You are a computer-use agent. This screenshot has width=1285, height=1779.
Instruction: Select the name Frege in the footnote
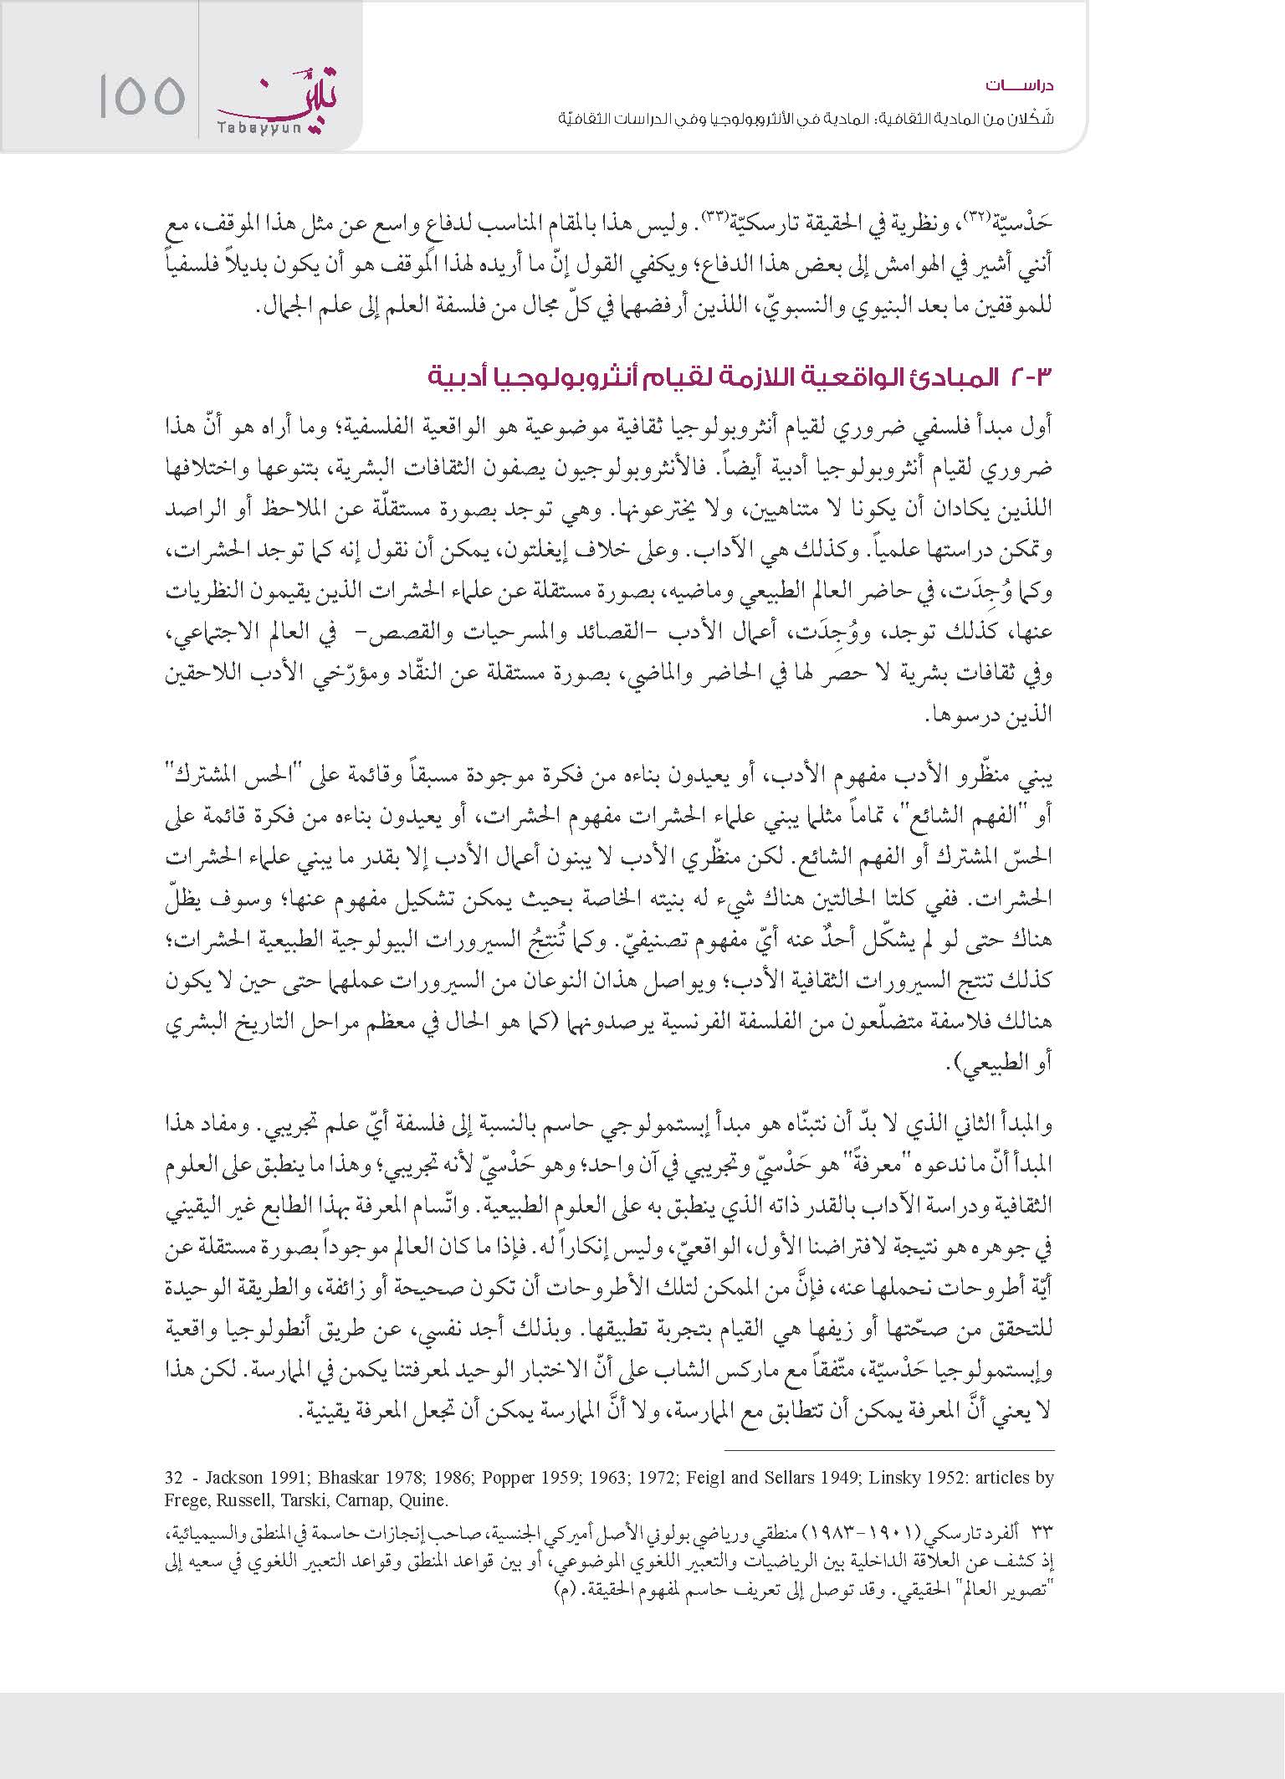point(186,1499)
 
